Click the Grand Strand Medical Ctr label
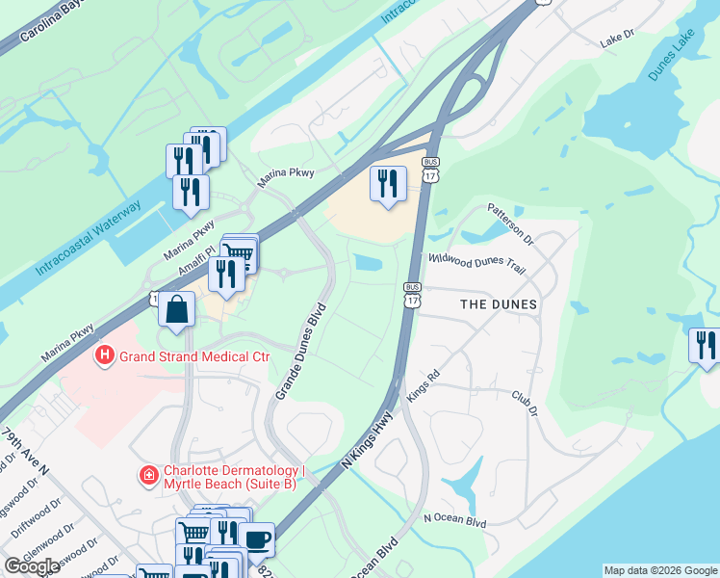[x=193, y=357]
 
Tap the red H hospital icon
[x=104, y=357]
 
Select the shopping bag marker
[x=176, y=310]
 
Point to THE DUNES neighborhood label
[x=498, y=303]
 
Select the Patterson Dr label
[x=509, y=223]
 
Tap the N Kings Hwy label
[x=367, y=441]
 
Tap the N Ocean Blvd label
[x=455, y=521]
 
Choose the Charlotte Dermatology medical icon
[x=149, y=476]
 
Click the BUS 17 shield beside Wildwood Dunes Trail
[x=412, y=295]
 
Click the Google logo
[x=33, y=566]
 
